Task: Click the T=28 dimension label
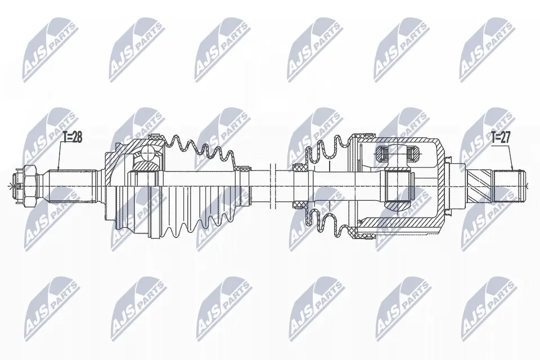71,137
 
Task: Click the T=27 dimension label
501,137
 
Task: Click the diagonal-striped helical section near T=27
479,183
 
